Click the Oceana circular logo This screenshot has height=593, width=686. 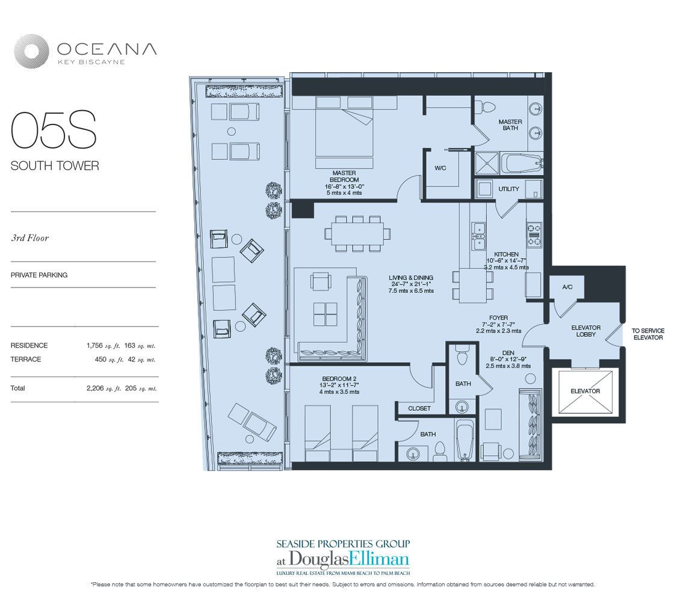click(x=31, y=51)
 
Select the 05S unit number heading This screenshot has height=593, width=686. click(x=54, y=130)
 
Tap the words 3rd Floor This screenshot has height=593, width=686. click(x=29, y=238)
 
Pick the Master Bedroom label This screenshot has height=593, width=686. click(x=344, y=176)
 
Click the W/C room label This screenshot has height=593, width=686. click(x=440, y=168)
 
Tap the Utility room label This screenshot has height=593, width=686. click(x=508, y=189)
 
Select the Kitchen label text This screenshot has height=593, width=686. click(x=506, y=254)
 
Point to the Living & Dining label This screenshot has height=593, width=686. click(x=411, y=278)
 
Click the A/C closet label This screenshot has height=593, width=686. click(x=567, y=287)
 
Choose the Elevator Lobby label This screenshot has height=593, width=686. click(x=586, y=331)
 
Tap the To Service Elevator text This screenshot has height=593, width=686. click(x=648, y=334)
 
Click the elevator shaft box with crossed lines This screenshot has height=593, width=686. click(x=586, y=392)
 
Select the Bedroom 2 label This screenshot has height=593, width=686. click(x=340, y=379)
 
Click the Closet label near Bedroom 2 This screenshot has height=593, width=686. click(x=419, y=408)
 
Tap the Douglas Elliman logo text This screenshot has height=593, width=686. click(x=343, y=559)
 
